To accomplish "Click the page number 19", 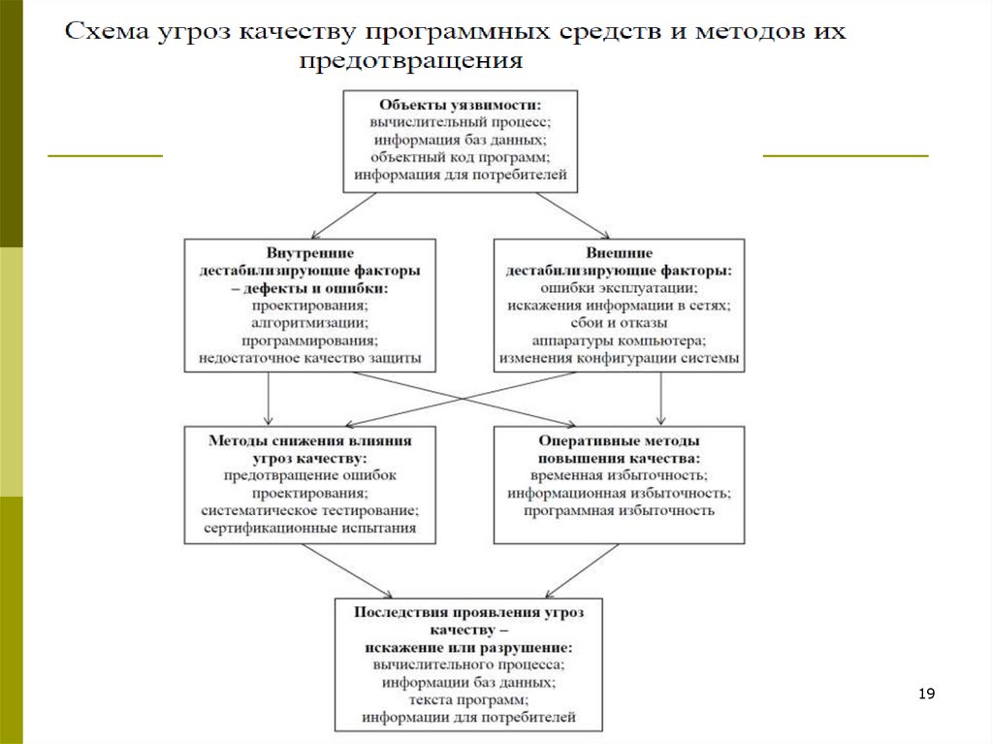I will tap(926, 694).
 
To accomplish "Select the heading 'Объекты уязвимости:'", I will tap(460, 105).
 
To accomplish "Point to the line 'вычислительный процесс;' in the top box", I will tap(460, 123).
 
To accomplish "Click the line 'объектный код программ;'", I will tap(460, 158).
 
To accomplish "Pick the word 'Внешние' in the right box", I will tap(619, 251).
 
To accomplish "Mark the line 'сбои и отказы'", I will tap(619, 323).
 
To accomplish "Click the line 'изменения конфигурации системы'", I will tap(619, 358).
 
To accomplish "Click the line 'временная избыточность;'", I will tap(619, 475).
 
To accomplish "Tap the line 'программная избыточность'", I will tap(619, 510).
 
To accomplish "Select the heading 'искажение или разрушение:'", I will tap(468, 647).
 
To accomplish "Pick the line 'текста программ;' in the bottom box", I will tap(468, 699).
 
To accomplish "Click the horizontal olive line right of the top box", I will tap(846, 155).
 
